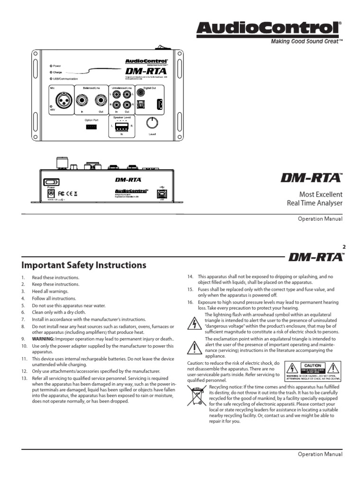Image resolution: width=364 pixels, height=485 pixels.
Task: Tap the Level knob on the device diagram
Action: tap(152, 123)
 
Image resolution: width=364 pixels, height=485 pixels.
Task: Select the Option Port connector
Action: tap(91, 127)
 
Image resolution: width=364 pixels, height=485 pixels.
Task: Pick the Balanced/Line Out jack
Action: tap(100, 100)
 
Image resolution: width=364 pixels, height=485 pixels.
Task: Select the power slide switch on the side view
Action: tap(51, 181)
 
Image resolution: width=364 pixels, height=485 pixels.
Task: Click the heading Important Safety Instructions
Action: tap(84, 265)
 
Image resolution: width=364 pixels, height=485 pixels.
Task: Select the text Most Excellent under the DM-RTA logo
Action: tap(320, 195)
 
